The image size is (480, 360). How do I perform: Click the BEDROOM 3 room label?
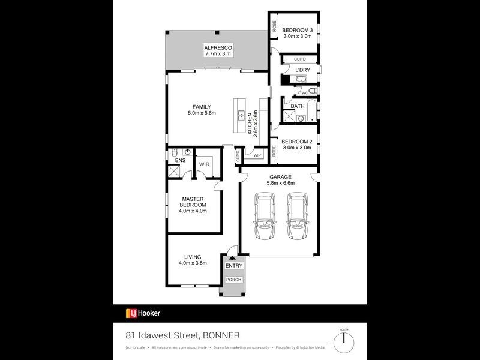click(297, 30)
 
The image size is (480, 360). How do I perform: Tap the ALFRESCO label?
click(217, 47)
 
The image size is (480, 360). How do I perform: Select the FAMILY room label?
click(201, 107)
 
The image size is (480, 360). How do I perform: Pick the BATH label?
click(298, 106)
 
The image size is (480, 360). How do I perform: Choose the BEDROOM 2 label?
click(296, 142)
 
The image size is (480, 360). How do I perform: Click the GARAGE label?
click(280, 177)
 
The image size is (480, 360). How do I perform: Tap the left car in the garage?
click(264, 216)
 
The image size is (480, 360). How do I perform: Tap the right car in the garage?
click(297, 216)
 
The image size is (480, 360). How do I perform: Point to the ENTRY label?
click(233, 265)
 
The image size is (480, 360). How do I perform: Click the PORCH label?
click(232, 280)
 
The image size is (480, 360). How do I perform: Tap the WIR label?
click(203, 164)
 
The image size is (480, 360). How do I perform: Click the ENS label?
click(180, 160)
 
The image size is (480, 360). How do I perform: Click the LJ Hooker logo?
click(143, 313)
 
